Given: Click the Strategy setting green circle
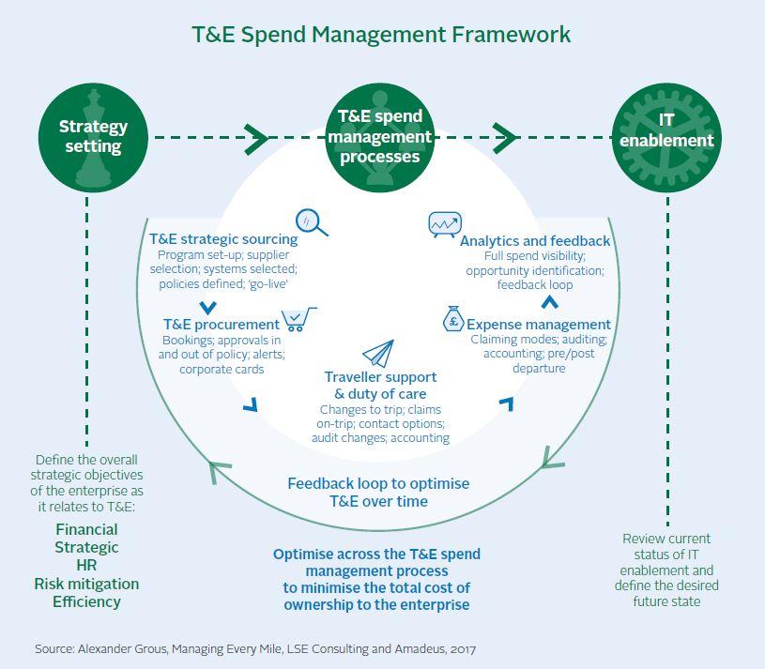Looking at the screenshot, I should click(93, 137).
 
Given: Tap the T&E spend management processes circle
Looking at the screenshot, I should click(380, 136).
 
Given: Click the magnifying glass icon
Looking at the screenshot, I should click(311, 221).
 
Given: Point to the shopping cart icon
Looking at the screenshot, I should click(299, 320).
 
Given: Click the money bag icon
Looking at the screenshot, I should click(452, 320).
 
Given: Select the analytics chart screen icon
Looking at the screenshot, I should click(444, 223).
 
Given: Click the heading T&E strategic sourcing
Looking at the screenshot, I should click(223, 239).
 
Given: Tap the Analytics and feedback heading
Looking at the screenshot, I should click(535, 241).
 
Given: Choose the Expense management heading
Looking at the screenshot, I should click(539, 325).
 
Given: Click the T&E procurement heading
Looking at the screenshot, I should click(221, 325).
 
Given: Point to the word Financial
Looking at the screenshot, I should click(87, 530).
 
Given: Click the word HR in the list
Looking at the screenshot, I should click(87, 566).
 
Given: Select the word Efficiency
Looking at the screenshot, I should click(87, 601).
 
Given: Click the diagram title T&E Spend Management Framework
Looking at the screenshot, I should click(381, 35).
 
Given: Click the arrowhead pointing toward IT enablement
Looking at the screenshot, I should click(505, 138).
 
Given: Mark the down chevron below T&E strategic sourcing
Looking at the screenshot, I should click(208, 307).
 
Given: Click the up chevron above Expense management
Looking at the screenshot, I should click(551, 302).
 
